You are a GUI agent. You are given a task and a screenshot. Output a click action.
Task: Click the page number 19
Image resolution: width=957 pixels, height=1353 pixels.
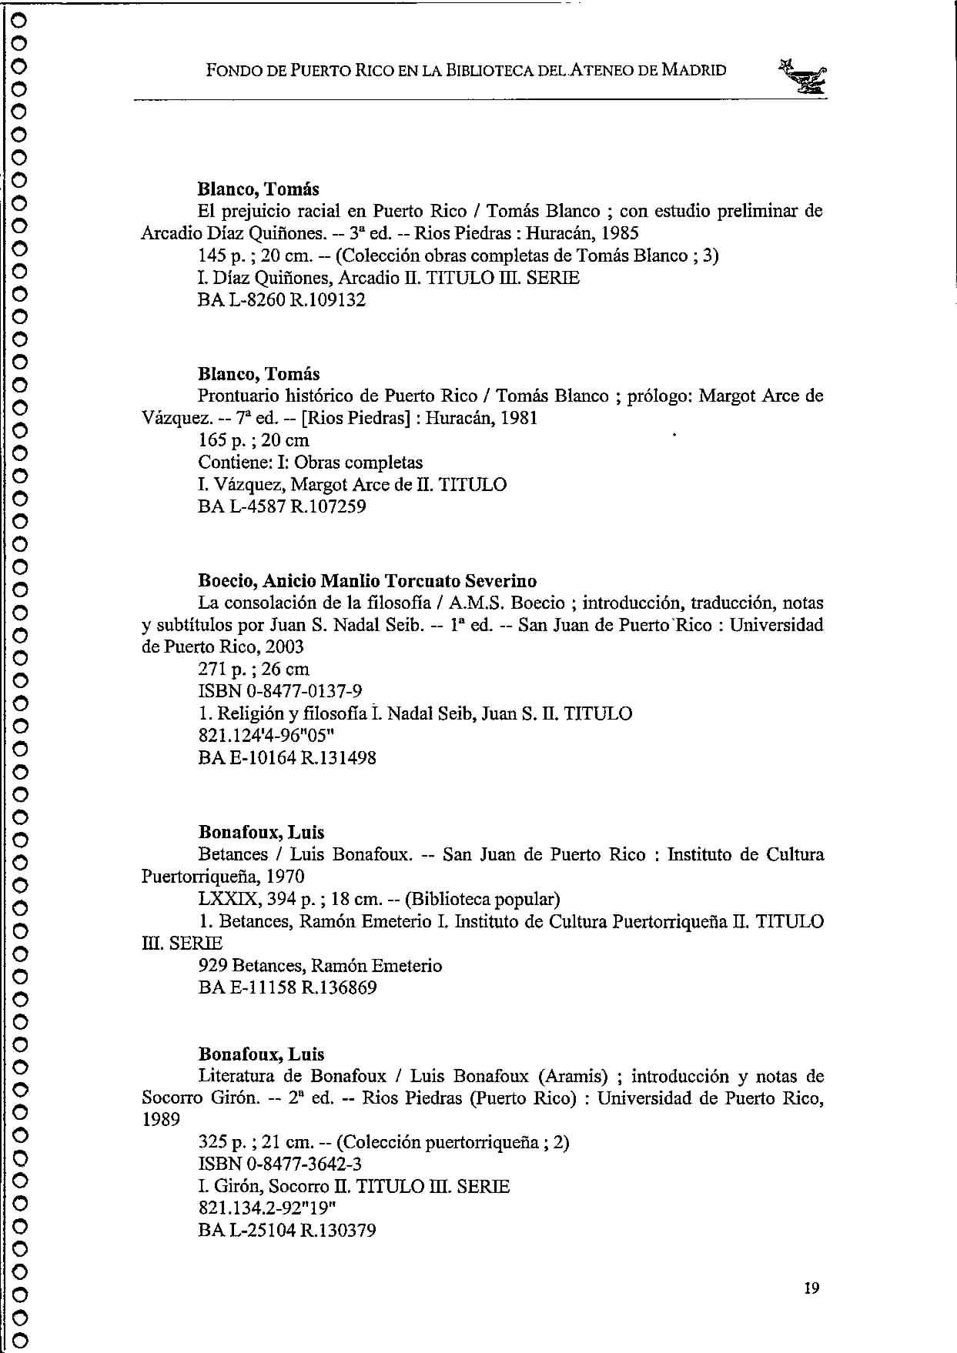[811, 1288]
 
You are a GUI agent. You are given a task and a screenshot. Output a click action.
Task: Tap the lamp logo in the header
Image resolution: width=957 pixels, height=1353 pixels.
[803, 78]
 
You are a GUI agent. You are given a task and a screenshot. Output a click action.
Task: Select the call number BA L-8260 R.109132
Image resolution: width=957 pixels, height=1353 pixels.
[282, 300]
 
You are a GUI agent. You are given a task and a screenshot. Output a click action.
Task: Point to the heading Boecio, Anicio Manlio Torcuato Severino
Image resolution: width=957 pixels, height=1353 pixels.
[367, 581]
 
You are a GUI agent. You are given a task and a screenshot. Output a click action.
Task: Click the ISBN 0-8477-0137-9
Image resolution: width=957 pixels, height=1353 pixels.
[280, 691]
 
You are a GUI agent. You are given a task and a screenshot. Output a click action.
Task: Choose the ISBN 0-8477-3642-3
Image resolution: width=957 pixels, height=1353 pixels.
[280, 1164]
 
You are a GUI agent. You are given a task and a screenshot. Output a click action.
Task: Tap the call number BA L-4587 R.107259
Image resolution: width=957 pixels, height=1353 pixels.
[282, 507]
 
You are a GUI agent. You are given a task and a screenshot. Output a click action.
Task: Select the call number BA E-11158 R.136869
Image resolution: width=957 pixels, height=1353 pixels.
[287, 987]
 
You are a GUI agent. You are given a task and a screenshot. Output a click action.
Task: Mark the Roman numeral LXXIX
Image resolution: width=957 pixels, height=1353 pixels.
[223, 899]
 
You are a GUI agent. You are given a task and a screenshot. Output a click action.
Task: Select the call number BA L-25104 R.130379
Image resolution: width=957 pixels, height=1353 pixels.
[287, 1231]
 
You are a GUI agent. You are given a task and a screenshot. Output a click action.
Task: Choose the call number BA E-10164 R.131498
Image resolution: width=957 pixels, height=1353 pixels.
[287, 758]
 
